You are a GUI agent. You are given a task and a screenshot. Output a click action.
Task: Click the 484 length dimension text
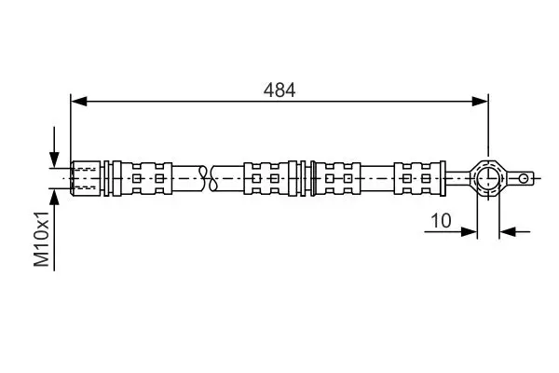tap(279, 90)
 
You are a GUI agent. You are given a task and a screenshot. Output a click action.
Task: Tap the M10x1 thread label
tap(41, 239)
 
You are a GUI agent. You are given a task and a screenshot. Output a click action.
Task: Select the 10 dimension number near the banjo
tap(441, 221)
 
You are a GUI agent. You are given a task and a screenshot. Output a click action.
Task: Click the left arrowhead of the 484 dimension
tap(79, 102)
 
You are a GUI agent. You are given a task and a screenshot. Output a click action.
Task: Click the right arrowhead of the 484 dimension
tap(480, 102)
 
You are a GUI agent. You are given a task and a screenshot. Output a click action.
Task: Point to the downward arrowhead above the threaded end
tap(54, 159)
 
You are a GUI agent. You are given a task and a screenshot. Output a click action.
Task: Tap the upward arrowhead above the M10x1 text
tap(54, 197)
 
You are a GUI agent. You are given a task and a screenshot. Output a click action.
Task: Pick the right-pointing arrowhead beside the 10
tap(469, 231)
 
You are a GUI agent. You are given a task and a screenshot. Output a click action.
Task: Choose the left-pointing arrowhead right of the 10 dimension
tap(508, 231)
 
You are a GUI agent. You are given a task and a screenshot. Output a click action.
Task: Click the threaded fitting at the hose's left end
tap(86, 178)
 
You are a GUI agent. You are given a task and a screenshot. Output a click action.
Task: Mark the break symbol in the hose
tap(208, 178)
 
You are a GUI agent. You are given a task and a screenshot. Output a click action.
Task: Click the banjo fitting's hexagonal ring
tap(488, 178)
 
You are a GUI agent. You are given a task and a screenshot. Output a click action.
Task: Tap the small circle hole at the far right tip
tap(524, 178)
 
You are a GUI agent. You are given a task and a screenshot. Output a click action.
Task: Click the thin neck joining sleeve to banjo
tap(458, 178)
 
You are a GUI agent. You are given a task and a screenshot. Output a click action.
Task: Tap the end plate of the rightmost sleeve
tap(443, 178)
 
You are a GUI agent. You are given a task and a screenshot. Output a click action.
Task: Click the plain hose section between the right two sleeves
tap(377, 178)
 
